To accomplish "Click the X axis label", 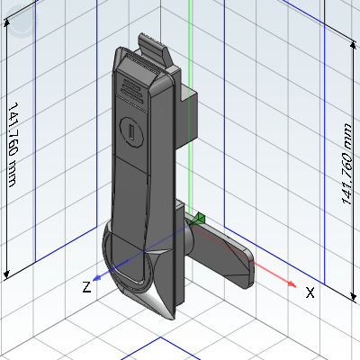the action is (x=310, y=292).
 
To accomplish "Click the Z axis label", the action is (x=86, y=287).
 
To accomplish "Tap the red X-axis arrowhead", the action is (x=292, y=283).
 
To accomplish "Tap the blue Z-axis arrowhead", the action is (x=96, y=278).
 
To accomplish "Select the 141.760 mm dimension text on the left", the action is (x=13, y=145).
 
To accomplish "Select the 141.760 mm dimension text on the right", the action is (x=346, y=164).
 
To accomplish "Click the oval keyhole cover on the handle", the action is (x=131, y=132).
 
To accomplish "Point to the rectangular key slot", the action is (x=131, y=132).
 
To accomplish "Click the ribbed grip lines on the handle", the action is (x=132, y=90).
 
